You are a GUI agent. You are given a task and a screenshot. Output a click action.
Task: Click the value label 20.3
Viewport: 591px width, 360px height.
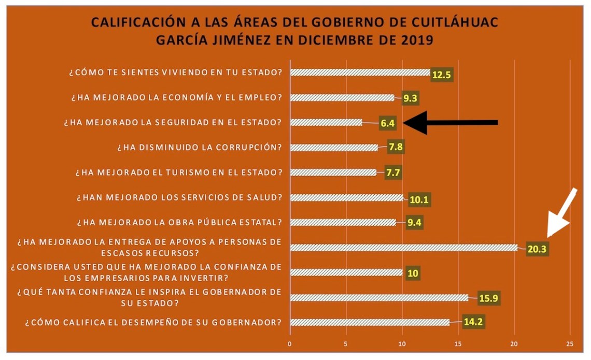pyautogui.click(x=537, y=249)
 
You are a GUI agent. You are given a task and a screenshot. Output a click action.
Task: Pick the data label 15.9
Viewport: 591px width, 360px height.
pyautogui.click(x=481, y=299)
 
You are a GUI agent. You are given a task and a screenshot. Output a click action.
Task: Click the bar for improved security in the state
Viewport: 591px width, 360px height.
pyautogui.click(x=326, y=123)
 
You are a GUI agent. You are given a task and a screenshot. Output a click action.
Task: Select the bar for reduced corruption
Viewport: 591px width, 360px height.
pyautogui.click(x=334, y=147)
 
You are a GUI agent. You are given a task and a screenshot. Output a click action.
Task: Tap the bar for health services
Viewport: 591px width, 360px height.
pyautogui.click(x=346, y=197)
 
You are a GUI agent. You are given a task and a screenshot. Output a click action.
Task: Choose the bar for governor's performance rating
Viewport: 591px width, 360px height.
pyautogui.click(x=370, y=322)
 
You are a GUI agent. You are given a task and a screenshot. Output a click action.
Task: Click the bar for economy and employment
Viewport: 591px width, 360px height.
pyautogui.click(x=342, y=97)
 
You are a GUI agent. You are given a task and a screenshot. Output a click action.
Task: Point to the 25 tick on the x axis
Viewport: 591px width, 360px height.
pyautogui.click(x=570, y=343)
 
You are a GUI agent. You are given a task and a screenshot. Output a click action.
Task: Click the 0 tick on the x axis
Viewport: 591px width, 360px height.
pyautogui.click(x=290, y=343)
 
